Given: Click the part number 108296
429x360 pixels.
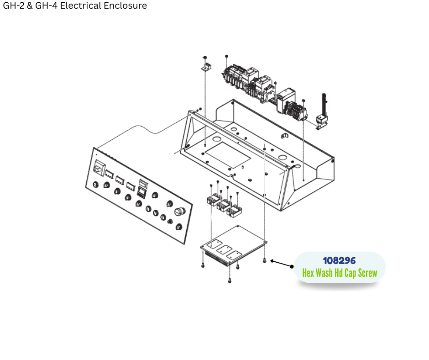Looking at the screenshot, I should (x=339, y=260).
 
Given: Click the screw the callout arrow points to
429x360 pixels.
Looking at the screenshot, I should (x=265, y=260).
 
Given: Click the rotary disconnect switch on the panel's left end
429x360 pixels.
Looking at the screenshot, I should (x=98, y=169).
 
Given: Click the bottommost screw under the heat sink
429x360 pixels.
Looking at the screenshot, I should (x=230, y=280).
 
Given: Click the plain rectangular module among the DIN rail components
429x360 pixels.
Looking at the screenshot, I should (x=287, y=97).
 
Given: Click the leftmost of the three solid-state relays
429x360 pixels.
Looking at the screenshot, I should (x=212, y=200).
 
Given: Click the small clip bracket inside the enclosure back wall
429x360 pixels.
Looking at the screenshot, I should (x=283, y=136).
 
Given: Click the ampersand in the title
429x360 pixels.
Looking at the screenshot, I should (x=31, y=6).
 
